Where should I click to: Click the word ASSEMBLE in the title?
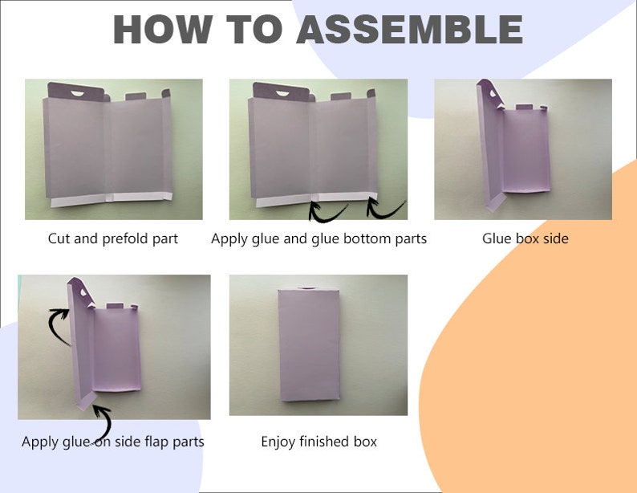point(409,29)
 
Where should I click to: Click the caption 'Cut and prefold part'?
point(113,238)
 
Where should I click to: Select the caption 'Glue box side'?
point(525,238)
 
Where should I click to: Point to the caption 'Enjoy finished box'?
point(319,442)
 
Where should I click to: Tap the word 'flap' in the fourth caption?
point(156,442)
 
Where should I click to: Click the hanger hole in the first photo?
point(77,93)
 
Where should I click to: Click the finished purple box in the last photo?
point(309,344)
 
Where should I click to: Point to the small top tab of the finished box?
point(307,288)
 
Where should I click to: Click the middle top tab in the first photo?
point(136,96)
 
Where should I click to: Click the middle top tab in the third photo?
point(524,108)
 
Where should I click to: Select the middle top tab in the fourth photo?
point(115,306)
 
